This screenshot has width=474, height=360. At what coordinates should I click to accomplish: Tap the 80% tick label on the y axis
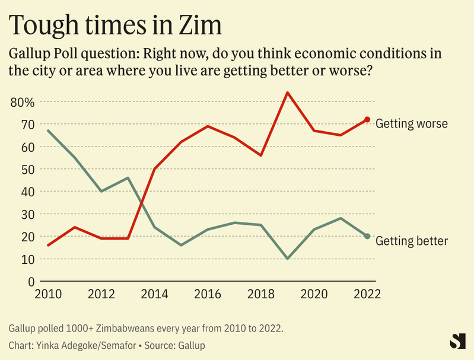coord(23,102)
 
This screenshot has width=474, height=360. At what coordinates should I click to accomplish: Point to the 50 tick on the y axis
coord(28,169)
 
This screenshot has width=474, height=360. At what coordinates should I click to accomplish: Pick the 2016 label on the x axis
coord(208,294)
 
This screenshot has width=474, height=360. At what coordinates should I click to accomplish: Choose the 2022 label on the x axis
coord(367,294)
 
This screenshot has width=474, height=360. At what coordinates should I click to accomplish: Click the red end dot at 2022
coord(367,120)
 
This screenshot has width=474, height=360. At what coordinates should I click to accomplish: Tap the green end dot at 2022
coord(367,236)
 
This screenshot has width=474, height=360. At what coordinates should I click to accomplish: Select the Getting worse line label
coord(411,123)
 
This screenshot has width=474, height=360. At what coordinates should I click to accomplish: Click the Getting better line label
coord(411,240)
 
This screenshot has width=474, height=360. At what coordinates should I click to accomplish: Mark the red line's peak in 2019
coord(287,93)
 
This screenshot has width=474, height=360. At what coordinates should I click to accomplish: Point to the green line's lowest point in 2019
coord(287,259)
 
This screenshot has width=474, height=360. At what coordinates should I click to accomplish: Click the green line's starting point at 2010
coord(47,130)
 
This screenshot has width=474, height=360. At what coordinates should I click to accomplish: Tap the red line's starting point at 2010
coord(47,245)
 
